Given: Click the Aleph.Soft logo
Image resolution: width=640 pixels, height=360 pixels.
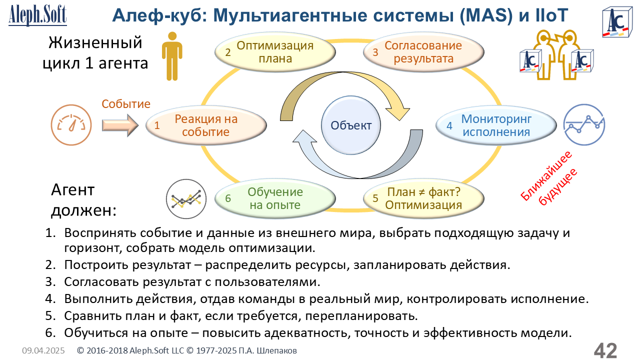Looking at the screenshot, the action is (37, 15).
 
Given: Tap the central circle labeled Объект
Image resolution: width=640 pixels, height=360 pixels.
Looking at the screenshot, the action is (351, 125).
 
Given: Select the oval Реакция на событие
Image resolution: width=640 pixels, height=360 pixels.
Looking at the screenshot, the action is (206, 125).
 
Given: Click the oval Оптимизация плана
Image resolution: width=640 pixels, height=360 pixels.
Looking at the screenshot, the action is (275, 52).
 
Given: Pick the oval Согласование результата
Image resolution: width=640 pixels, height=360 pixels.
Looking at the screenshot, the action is (423, 52).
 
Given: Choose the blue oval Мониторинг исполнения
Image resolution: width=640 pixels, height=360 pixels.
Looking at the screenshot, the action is (496, 125).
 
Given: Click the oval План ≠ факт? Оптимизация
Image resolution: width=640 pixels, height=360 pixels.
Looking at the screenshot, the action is (423, 198).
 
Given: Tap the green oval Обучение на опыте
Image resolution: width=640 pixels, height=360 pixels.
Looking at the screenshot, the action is (275, 198).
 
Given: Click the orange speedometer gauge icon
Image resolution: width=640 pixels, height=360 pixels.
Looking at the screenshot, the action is (71, 125).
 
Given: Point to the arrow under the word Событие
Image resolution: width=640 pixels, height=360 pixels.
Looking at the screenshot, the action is (120, 125).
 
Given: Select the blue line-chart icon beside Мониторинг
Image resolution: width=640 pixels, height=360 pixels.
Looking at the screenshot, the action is (584, 125).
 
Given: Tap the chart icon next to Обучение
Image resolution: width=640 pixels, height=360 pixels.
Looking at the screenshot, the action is (186, 199).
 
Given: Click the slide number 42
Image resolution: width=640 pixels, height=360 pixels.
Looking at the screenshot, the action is (605, 350).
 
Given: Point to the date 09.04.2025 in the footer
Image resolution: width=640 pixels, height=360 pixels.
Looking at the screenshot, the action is (43, 350).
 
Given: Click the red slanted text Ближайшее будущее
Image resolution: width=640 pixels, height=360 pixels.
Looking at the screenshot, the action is (548, 179).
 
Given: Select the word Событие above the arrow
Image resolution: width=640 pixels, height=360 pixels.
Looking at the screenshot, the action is (126, 104).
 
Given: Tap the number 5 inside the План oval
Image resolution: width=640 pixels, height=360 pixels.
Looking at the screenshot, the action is (375, 198).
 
